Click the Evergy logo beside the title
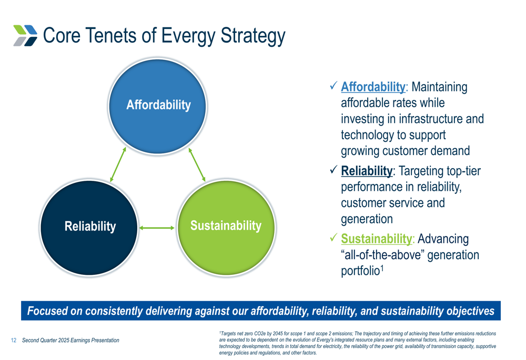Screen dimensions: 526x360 pyautogui.click(x=25, y=35)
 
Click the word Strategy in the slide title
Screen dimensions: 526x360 pyautogui.click(x=253, y=36)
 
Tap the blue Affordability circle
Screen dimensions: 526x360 pyautogui.click(x=158, y=107)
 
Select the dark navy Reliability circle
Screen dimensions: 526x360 pyautogui.click(x=89, y=228)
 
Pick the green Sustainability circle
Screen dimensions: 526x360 pyautogui.click(x=226, y=228)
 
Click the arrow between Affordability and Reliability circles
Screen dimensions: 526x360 pyautogui.click(x=118, y=164)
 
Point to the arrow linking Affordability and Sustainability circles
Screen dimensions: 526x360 pyautogui.click(x=197, y=164)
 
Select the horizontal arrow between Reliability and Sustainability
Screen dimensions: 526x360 pyautogui.click(x=157, y=228)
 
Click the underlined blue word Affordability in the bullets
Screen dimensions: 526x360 pyautogui.click(x=373, y=87)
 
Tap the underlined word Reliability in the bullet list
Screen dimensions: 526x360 pyautogui.click(x=367, y=171)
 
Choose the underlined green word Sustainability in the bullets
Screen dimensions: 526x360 pyautogui.click(x=377, y=239)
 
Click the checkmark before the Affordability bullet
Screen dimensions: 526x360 pyautogui.click(x=333, y=86)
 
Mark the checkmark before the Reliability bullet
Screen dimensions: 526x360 pyautogui.click(x=333, y=170)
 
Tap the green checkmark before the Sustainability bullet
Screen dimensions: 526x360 pyautogui.click(x=333, y=238)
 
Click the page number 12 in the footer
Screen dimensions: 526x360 pyautogui.click(x=14, y=340)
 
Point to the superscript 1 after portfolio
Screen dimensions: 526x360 pyautogui.click(x=382, y=268)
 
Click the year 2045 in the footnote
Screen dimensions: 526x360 pyautogui.click(x=278, y=334)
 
